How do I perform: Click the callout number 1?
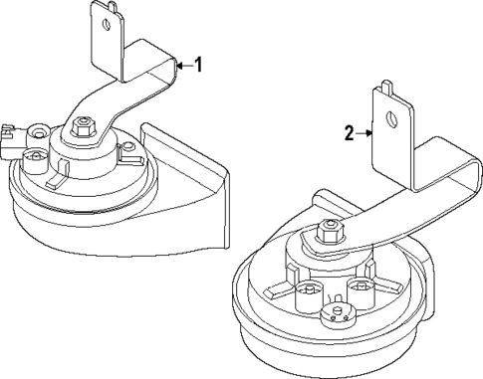[198, 66]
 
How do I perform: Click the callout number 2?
[350, 132]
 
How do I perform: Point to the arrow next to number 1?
[182, 66]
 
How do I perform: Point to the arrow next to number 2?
[364, 132]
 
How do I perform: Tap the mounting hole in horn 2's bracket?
[391, 116]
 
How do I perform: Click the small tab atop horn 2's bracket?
[383, 87]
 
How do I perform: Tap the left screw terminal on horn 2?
[308, 293]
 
